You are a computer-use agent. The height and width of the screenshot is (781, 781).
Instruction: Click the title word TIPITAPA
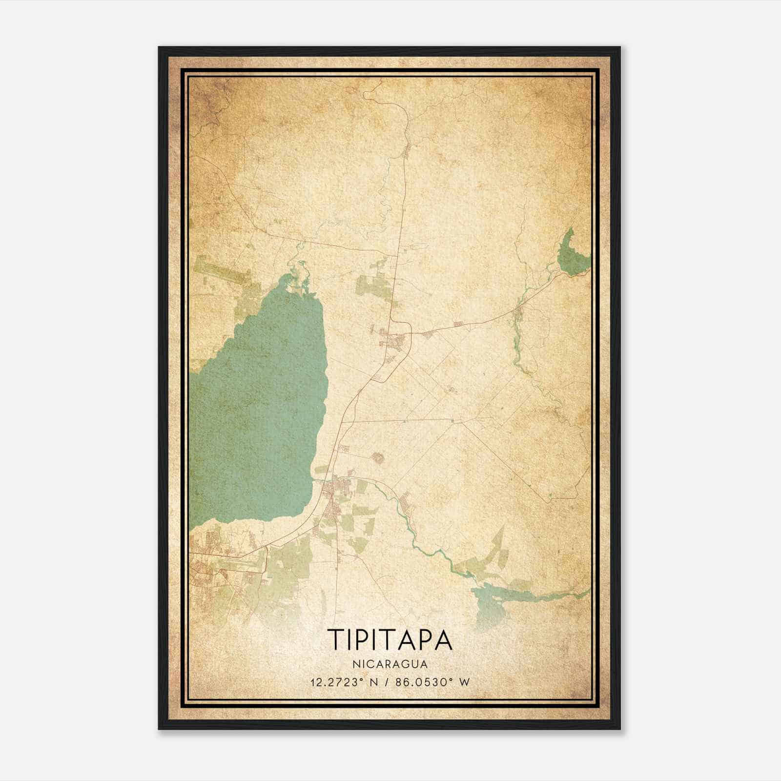[390, 640]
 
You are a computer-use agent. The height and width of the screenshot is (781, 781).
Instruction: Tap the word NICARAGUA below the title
[390, 664]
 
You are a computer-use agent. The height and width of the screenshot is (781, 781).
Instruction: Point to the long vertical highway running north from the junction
[402, 220]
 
